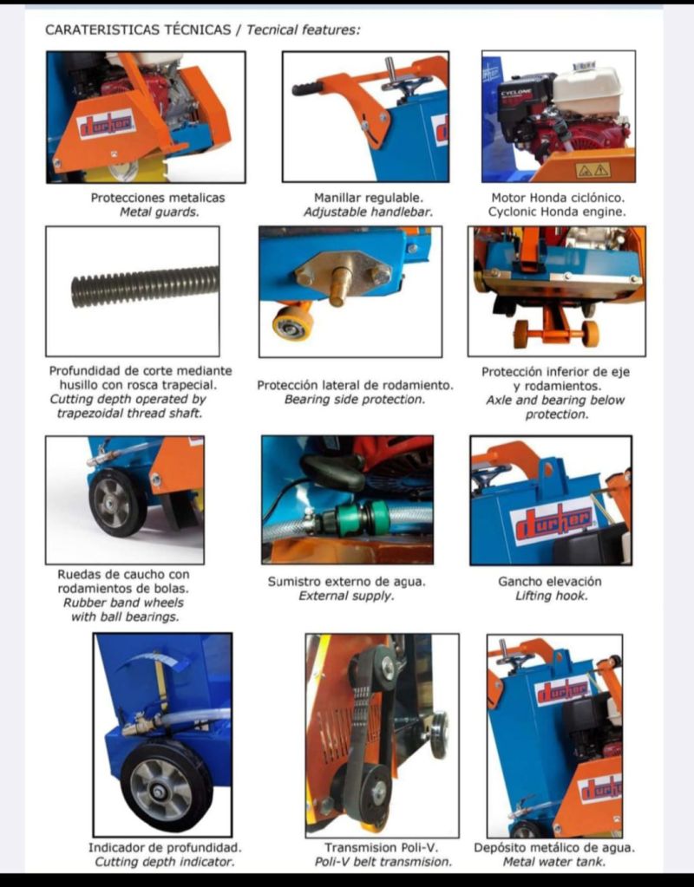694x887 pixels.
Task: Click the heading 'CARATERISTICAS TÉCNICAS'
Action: [138, 29]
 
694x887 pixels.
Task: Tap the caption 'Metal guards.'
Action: [159, 212]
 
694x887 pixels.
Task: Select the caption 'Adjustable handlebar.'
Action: [368, 212]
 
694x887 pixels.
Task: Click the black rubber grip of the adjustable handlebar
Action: [306, 89]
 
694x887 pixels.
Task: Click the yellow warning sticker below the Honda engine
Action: [593, 169]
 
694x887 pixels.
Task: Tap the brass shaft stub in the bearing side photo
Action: [338, 284]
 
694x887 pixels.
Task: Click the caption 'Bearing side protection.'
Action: [354, 400]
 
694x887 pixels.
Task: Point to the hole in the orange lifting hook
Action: [547, 468]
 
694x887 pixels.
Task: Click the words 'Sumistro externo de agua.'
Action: [346, 582]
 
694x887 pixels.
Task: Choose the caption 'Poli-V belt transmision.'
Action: [383, 862]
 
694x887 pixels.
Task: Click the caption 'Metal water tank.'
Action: [554, 862]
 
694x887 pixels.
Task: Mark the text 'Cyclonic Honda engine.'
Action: [557, 212]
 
